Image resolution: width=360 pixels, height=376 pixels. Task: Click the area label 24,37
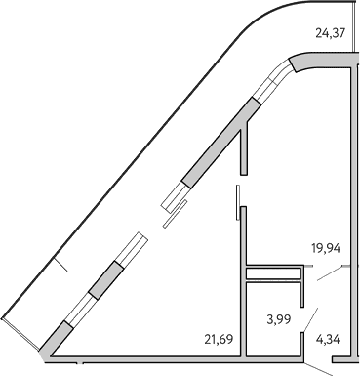330,33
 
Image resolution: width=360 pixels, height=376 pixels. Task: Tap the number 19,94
327,248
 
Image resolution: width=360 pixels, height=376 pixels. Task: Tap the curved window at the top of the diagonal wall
283,74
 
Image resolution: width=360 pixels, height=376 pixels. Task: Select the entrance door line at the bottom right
321,367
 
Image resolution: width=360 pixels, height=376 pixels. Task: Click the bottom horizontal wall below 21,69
146,356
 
